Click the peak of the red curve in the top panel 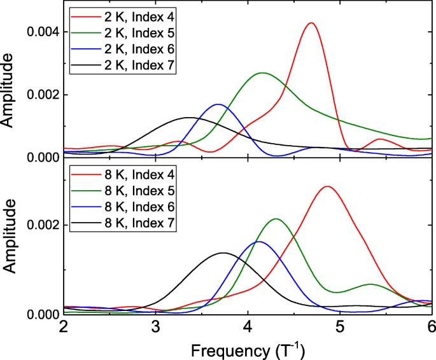[311, 23]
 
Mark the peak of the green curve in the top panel [263, 73]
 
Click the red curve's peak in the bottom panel [327, 186]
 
